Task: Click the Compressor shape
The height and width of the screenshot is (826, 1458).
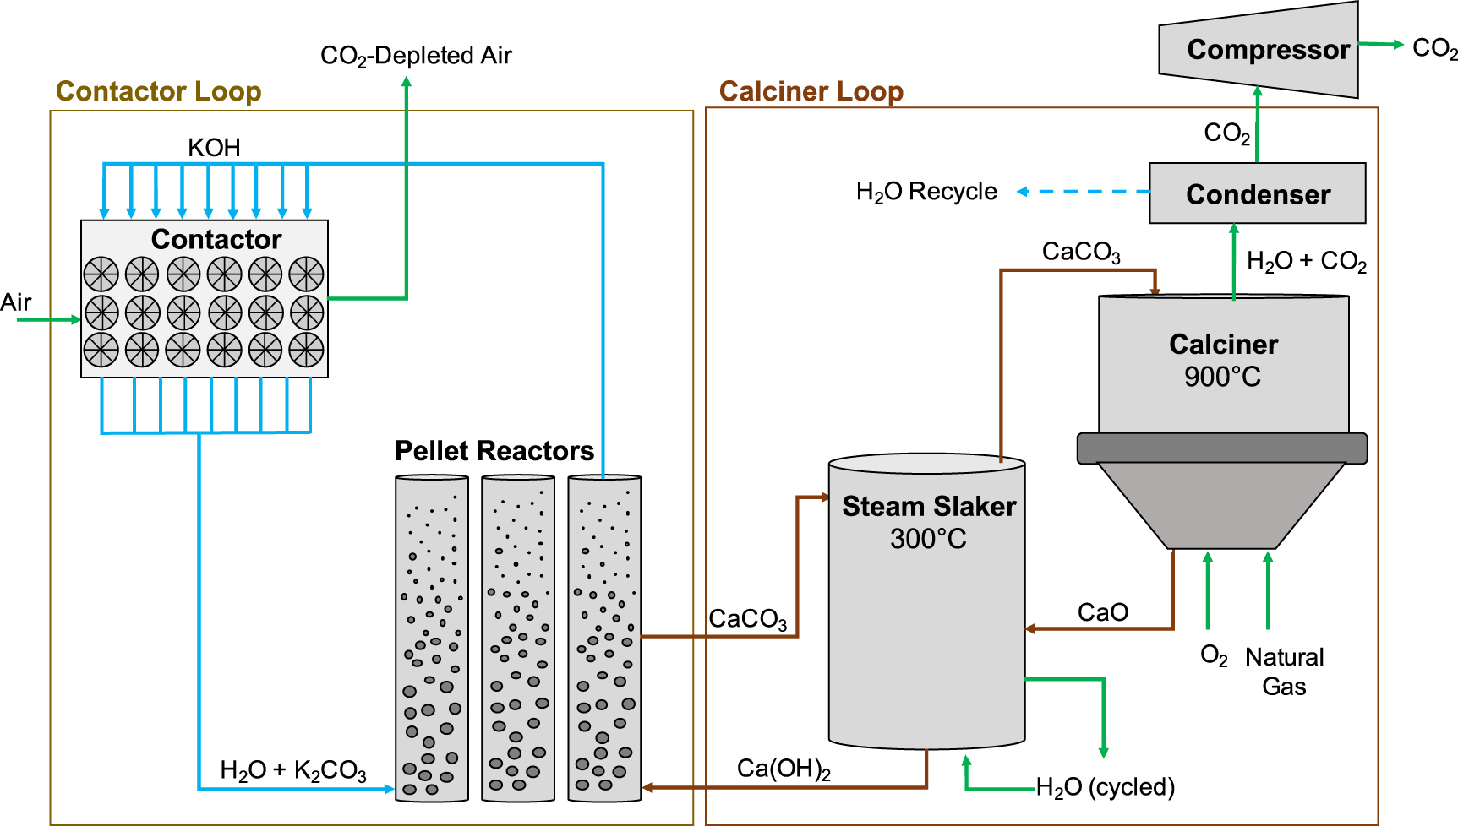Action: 1259,50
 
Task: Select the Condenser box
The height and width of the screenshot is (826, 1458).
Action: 1257,193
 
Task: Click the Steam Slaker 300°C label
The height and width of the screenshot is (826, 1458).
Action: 928,522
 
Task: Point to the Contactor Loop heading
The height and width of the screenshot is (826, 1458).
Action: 158,91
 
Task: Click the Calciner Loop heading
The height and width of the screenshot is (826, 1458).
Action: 811,91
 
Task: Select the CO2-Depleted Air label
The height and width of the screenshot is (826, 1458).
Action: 416,56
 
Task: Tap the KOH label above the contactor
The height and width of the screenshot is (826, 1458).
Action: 214,148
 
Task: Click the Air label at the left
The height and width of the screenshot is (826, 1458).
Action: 16,302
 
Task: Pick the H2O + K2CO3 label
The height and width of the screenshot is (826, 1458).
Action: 292,770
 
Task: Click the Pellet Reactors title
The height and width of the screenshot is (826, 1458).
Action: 494,451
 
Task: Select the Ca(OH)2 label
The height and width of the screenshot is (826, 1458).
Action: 784,769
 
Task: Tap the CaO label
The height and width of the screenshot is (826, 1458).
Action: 1102,612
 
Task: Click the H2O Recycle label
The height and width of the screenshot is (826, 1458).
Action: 926,192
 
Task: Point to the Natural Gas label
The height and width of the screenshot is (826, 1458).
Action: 1284,671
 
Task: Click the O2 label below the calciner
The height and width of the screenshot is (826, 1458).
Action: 1214,656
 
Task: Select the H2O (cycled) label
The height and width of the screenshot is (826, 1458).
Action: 1105,787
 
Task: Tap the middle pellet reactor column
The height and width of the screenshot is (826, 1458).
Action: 518,638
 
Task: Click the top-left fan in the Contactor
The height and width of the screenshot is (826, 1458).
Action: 101,274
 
